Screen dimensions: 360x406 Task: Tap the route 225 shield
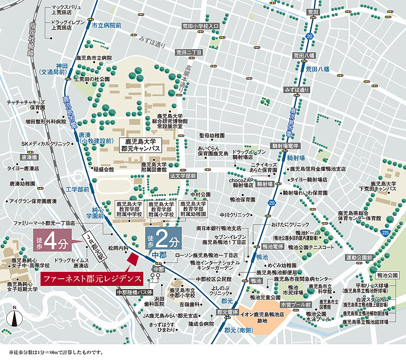[384, 232]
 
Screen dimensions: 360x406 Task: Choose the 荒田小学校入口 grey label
[200, 26]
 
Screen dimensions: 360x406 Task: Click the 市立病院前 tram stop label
[106, 26]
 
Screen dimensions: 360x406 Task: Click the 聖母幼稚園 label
[212, 135]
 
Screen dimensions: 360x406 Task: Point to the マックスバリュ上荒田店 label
[66, 10]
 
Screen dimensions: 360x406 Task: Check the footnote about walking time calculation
[56, 352]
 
